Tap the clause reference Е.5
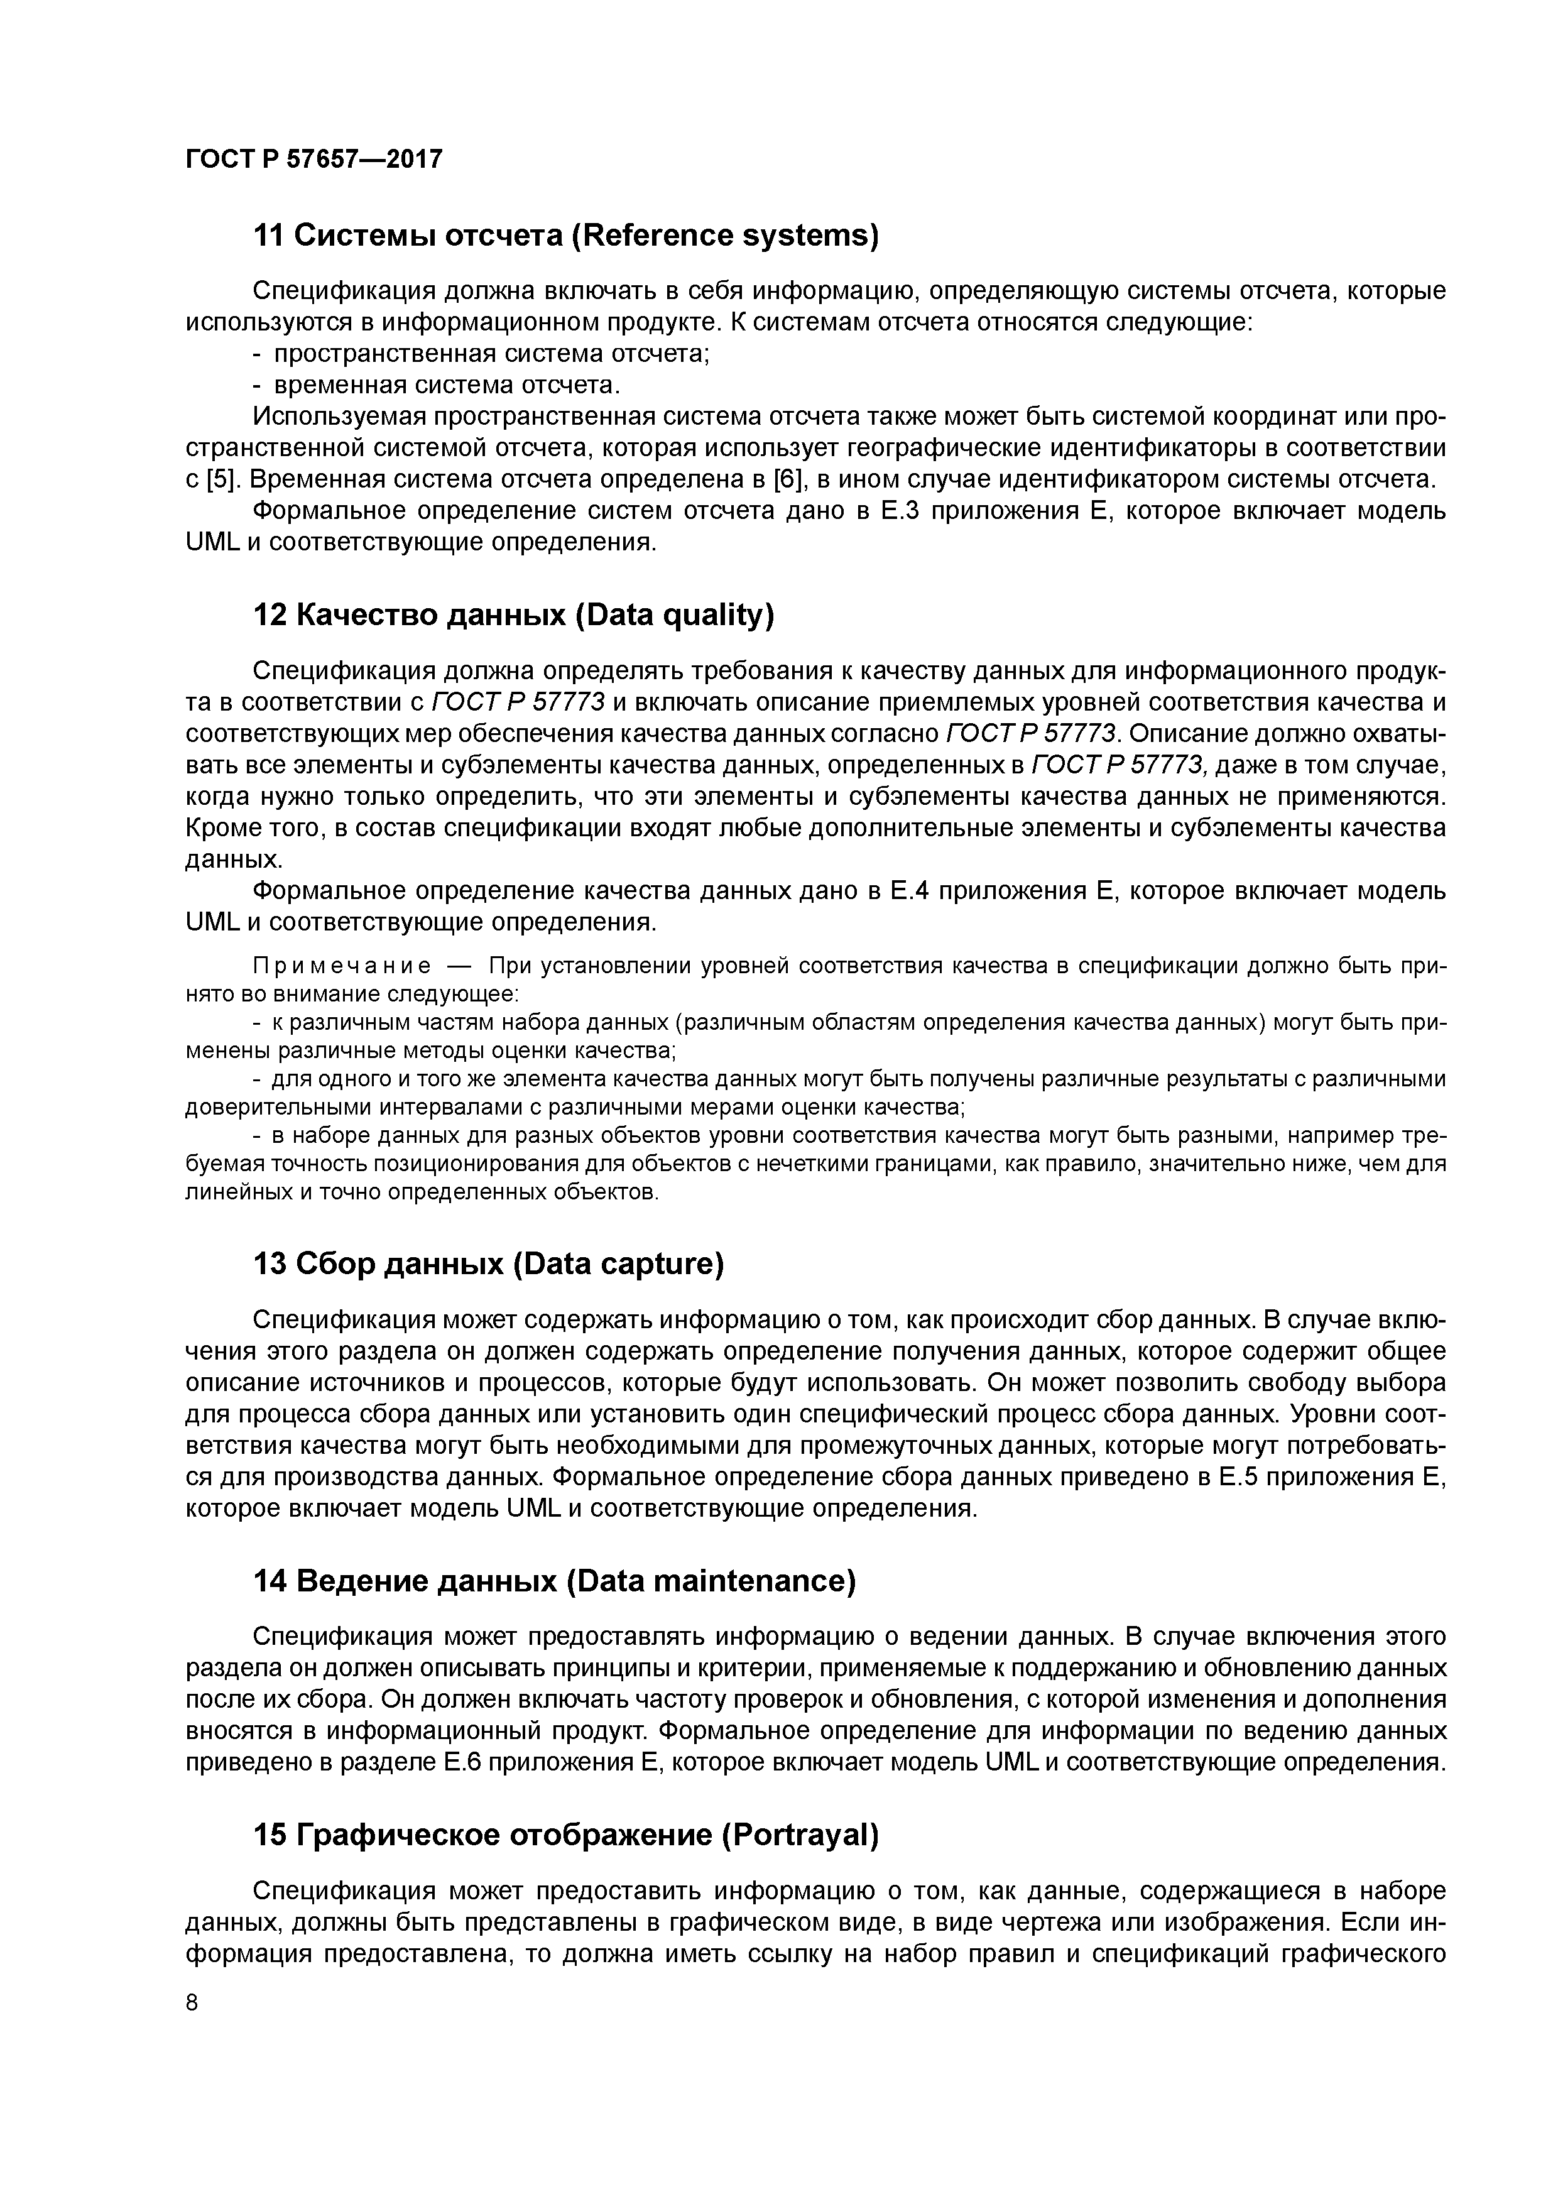click(x=1238, y=1476)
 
